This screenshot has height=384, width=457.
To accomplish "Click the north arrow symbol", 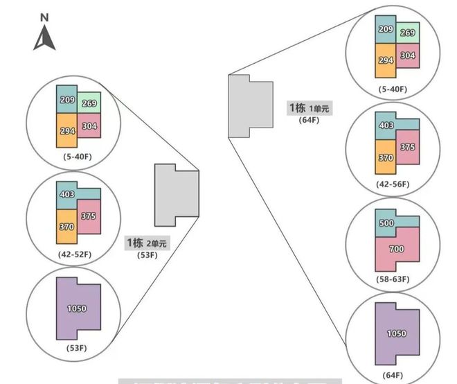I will pos(44,38).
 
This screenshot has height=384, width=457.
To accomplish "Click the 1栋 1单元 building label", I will pos(310,108).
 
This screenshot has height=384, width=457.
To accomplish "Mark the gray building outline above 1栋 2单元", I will pos(175,195).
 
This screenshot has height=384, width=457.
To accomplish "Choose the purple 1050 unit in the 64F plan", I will pos(397,333).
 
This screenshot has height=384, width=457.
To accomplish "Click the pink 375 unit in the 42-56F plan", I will pos(407,146).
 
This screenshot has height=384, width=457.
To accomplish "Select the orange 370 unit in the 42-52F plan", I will pos(66,226).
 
